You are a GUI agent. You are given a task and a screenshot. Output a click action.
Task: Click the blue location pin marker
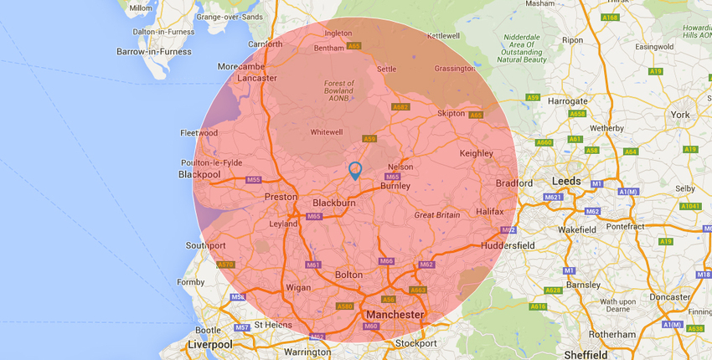tap(354, 171)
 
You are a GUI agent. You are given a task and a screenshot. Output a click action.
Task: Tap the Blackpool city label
tap(199, 175)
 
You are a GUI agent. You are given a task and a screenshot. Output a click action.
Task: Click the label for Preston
tap(281, 197)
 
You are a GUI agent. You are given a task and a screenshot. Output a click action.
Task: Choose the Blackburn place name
tap(334, 203)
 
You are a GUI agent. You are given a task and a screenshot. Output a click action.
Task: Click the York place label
tap(679, 114)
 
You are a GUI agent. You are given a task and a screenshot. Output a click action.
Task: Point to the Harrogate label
tap(567, 101)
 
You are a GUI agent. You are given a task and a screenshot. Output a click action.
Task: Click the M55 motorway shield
tap(253, 180)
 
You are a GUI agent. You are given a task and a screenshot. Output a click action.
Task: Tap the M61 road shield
tap(313, 265)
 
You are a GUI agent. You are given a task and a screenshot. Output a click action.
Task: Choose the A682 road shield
tap(400, 106)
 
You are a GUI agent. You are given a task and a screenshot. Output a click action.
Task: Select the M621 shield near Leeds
tap(552, 198)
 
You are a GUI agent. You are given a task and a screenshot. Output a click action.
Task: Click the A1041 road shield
tap(690, 206)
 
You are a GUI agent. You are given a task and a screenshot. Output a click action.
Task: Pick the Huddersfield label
tap(508, 245)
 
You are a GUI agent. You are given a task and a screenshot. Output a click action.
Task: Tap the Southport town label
tap(206, 246)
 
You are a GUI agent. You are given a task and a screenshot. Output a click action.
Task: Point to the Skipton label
tap(451, 113)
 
